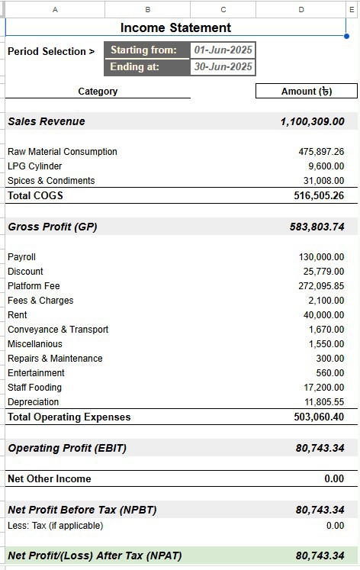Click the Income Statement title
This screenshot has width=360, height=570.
click(175, 28)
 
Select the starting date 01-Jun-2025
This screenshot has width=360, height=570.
click(223, 50)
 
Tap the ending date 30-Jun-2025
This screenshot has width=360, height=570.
click(223, 67)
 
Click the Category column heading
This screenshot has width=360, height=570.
click(98, 92)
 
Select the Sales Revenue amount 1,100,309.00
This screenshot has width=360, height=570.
click(312, 122)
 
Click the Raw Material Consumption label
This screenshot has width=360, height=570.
click(63, 152)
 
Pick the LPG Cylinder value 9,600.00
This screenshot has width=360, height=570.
click(326, 166)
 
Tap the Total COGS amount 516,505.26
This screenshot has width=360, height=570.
click(319, 196)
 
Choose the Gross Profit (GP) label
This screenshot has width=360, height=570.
click(53, 227)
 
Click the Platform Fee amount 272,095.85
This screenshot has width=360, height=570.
click(321, 286)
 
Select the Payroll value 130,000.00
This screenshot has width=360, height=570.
click(321, 257)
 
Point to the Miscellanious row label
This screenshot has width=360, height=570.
click(35, 344)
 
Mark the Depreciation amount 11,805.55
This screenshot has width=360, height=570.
click(324, 402)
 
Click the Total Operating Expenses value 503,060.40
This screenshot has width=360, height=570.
click(319, 417)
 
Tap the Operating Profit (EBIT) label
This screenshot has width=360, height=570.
click(67, 449)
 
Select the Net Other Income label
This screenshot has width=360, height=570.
click(49, 479)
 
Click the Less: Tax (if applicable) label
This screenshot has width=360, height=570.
click(55, 526)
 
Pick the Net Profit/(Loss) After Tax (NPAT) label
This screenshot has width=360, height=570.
click(95, 556)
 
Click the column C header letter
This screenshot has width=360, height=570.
click(223, 9)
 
